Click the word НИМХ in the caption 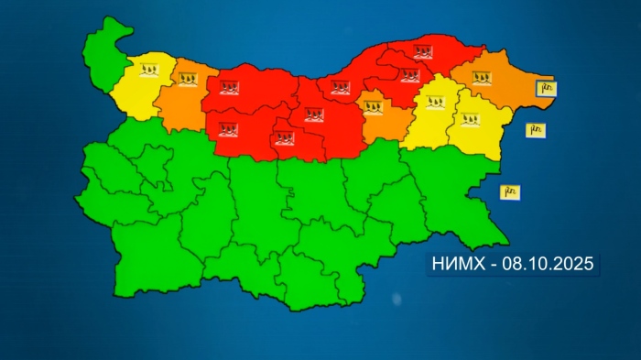[455, 265]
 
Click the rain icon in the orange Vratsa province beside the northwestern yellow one [188, 81]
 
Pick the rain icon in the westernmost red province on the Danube [229, 90]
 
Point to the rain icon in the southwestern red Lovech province [227, 127]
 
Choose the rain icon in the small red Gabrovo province [285, 138]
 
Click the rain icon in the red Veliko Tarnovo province [314, 115]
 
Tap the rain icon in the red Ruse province [340, 88]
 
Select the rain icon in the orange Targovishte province [375, 108]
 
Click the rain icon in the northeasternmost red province [422, 52]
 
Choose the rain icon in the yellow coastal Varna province [470, 119]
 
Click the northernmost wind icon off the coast [546, 88]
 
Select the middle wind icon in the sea [536, 130]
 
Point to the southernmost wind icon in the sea [510, 191]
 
